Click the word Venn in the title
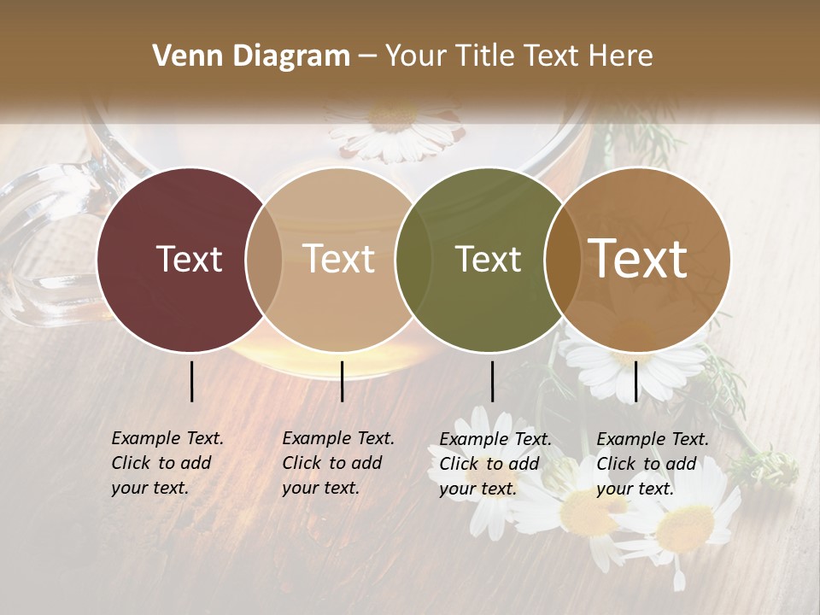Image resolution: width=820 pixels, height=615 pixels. click(x=184, y=56)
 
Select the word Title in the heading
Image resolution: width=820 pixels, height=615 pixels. click(x=483, y=56)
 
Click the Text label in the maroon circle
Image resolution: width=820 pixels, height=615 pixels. click(x=189, y=260)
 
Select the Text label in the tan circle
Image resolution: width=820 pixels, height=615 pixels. click(x=339, y=260)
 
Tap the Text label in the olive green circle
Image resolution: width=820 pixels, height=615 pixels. click(x=488, y=260)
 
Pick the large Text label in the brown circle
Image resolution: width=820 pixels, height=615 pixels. click(x=638, y=260)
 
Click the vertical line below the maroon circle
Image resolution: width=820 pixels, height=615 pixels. click(x=191, y=381)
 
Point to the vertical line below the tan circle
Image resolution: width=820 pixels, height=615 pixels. click(x=342, y=381)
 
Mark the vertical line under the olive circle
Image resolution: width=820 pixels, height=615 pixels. click(x=492, y=381)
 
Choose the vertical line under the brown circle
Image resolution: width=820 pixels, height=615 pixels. click(x=635, y=381)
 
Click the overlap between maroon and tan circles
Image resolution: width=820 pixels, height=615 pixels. click(x=264, y=260)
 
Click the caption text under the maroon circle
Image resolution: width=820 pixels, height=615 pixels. click(x=167, y=463)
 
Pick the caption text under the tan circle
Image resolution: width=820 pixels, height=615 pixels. click(x=337, y=463)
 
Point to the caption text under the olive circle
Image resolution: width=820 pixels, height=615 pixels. click(x=495, y=464)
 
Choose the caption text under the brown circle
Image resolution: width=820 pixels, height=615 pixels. click(x=652, y=464)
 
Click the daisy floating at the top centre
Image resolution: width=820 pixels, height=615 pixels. click(x=395, y=128)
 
